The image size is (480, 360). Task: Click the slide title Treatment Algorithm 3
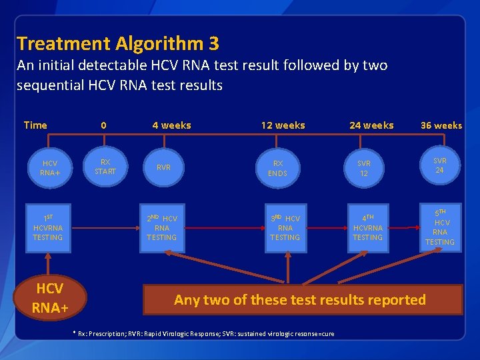coord(117,44)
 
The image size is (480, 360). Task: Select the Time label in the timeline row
coord(35,125)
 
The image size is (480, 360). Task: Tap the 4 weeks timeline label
coord(171,125)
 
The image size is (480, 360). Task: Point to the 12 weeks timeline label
coord(283,125)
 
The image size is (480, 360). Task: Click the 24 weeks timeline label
coord(371,125)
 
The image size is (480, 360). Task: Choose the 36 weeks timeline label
coord(441,125)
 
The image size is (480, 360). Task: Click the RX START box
coord(105,167)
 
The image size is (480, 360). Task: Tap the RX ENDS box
coord(277,168)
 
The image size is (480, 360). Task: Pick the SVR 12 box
coord(363,168)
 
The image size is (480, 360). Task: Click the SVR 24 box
coord(440,165)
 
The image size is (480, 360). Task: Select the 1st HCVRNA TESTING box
coord(48,227)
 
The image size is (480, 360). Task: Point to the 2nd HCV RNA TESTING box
coord(162,227)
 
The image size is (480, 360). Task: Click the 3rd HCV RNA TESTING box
coord(285,227)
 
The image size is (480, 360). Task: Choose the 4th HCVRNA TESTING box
coord(367,227)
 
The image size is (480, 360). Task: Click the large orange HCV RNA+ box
coord(49,298)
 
